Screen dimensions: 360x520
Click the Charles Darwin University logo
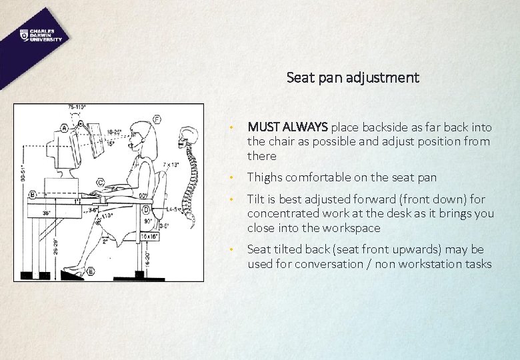pyautogui.click(x=41, y=35)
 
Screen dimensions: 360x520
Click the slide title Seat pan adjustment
pyautogui.click(x=353, y=77)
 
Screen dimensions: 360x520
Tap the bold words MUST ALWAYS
pyautogui.click(x=287, y=127)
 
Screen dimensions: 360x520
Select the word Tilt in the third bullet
pyautogui.click(x=255, y=199)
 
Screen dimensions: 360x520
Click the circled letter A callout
pyautogui.click(x=64, y=127)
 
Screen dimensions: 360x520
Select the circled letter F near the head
pyautogui.click(x=157, y=120)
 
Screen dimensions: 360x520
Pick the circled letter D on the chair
pyautogui.click(x=145, y=211)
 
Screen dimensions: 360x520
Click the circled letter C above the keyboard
pyautogui.click(x=100, y=181)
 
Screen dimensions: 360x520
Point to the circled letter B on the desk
pyautogui.click(x=33, y=195)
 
